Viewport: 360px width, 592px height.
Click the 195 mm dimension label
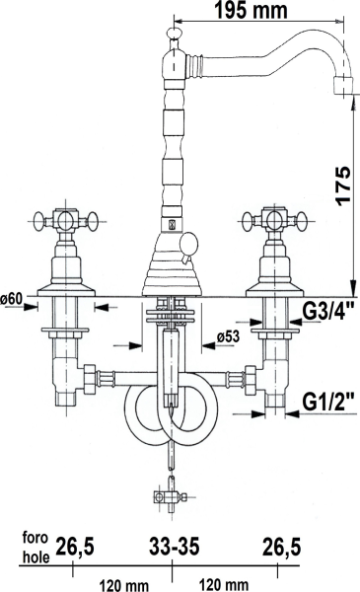[x=251, y=10]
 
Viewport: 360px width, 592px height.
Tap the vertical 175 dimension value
[x=343, y=185]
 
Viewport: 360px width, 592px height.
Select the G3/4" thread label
[x=328, y=312]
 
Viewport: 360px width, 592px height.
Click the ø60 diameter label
[x=12, y=299]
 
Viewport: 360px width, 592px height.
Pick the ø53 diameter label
[x=229, y=335]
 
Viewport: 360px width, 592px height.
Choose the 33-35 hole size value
[x=174, y=547]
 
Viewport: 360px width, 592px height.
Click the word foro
[x=36, y=537]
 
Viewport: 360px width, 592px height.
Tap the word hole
[x=36, y=557]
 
